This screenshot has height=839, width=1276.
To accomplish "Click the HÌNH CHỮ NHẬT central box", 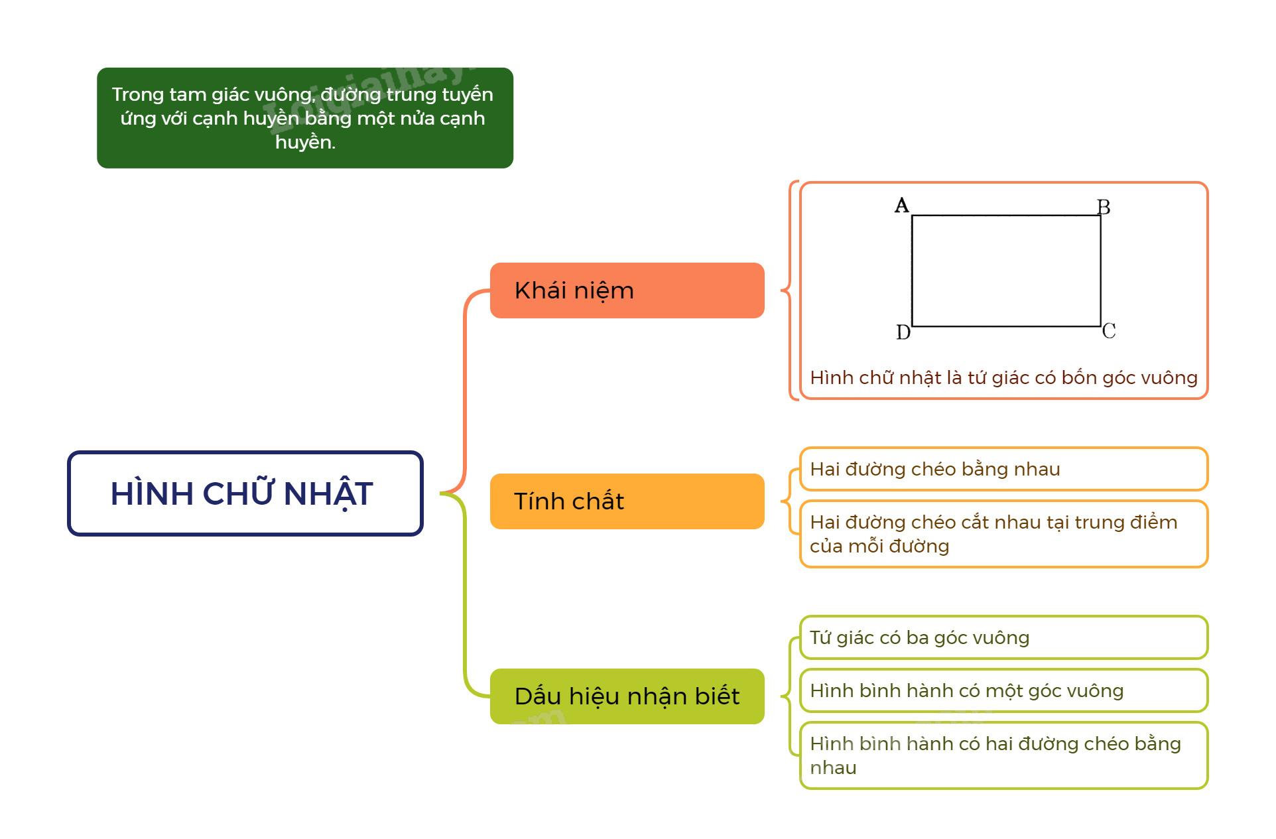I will [x=245, y=493].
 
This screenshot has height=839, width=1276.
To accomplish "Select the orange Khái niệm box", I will [x=626, y=290].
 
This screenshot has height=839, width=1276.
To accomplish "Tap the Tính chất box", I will [x=626, y=501].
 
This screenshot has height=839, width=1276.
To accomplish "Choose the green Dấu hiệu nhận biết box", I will [x=626, y=696].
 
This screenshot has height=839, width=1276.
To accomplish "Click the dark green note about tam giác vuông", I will [x=304, y=118].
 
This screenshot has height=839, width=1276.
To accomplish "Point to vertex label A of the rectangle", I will [x=901, y=205].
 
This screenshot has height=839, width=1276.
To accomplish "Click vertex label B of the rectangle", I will [x=1104, y=207].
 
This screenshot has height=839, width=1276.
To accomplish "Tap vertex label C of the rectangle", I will [x=1108, y=330].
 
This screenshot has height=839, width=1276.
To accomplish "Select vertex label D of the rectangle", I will [x=903, y=332].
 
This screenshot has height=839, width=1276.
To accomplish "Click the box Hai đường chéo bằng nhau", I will [x=1003, y=469].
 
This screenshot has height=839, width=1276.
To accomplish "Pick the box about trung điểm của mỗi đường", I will [x=1003, y=534].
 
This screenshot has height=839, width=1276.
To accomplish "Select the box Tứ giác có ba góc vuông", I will [x=1003, y=637].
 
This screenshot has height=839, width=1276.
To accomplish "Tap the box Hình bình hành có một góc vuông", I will [x=1003, y=690].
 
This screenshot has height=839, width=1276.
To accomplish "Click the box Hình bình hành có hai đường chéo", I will [x=1003, y=755].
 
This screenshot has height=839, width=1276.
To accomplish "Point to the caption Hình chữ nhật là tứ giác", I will [x=1003, y=377].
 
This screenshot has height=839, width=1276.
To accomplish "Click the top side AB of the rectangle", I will [x=1006, y=216].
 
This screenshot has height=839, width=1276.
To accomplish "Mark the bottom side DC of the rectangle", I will [x=1006, y=326].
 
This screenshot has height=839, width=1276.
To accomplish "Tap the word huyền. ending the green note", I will [x=305, y=142].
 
